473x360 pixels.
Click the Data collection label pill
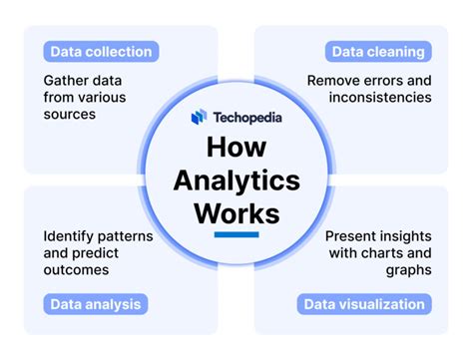tap(98, 52)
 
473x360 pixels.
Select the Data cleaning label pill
tap(374, 52)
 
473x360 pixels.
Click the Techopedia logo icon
tap(200, 117)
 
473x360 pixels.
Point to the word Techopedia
tap(245, 117)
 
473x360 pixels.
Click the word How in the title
tap(236, 148)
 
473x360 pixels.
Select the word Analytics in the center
tap(236, 180)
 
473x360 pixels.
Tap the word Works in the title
tap(236, 214)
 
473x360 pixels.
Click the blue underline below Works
tap(236, 235)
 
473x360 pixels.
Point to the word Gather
tap(67, 79)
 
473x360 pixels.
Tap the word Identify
tap(69, 237)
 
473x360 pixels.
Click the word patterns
tap(130, 237)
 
